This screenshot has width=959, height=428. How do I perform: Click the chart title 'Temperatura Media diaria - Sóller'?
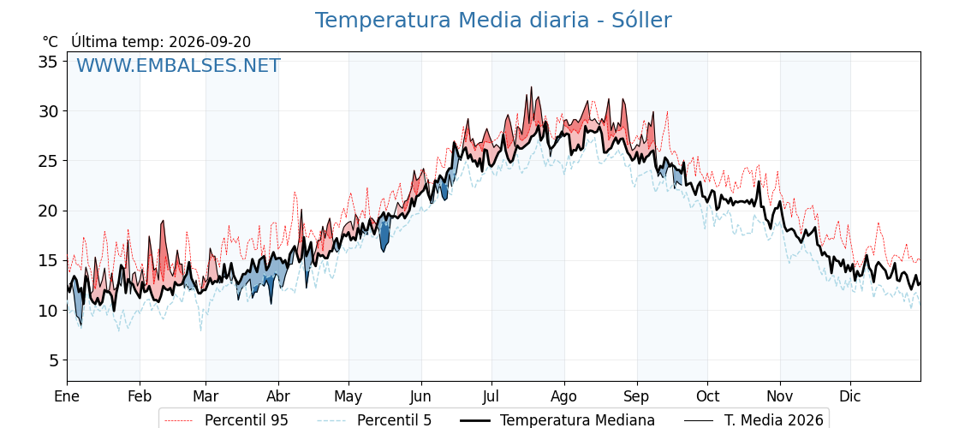[493, 21]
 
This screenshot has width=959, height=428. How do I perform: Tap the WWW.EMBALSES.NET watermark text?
[178, 65]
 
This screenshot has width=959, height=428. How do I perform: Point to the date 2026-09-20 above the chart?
[210, 42]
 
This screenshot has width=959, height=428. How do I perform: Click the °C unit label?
[51, 42]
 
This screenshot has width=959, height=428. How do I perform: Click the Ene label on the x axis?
[68, 396]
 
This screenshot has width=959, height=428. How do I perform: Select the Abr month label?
[278, 396]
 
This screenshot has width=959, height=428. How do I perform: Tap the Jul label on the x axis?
[491, 396]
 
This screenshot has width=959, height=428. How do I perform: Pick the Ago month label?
[564, 397]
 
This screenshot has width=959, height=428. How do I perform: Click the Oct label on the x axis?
[707, 396]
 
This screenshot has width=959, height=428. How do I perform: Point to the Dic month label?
[850, 396]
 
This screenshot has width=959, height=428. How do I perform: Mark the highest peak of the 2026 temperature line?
[531, 86]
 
